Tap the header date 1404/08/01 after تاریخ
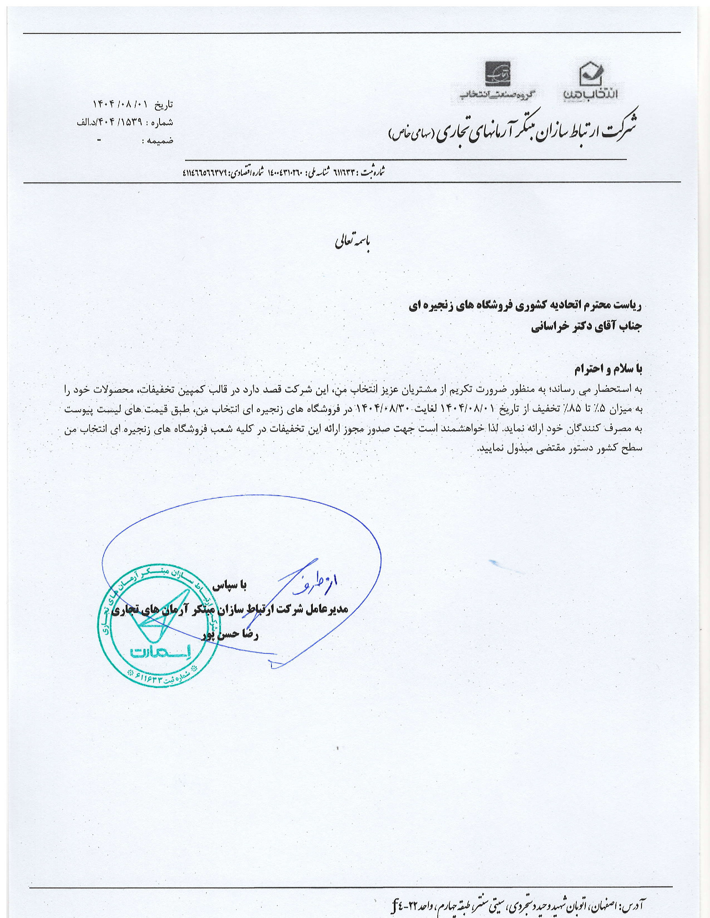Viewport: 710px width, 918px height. (122, 104)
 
